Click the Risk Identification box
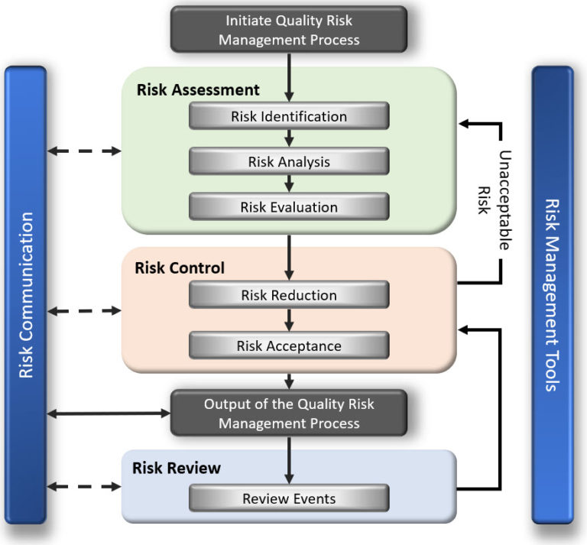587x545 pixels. coord(289,117)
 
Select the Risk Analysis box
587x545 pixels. coord(289,161)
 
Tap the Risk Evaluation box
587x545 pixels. coord(289,206)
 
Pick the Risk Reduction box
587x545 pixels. coord(289,295)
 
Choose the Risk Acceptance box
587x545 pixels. coord(289,345)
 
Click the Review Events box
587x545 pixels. coord(289,498)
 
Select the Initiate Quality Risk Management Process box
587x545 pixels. coord(289,30)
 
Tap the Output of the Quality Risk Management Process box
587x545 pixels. coord(289,413)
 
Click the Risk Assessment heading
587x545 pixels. coord(198,89)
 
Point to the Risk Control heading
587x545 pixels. coord(180,268)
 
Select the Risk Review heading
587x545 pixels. coord(177,468)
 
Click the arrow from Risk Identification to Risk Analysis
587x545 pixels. coord(289,138)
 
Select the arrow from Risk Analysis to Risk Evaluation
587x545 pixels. coord(289,183)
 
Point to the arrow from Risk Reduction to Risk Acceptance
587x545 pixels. coord(289,320)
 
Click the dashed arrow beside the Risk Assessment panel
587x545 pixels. coord(84,151)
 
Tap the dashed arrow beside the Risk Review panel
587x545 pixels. coord(84,486)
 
